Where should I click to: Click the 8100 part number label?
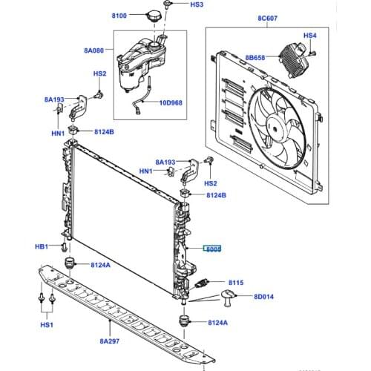click(119, 15)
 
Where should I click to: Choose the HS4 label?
click(310, 36)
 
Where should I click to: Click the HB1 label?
click(42, 246)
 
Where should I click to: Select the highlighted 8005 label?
click(214, 250)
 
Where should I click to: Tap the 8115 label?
click(236, 283)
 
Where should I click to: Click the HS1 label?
click(47, 325)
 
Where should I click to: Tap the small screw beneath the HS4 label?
click(314, 53)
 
